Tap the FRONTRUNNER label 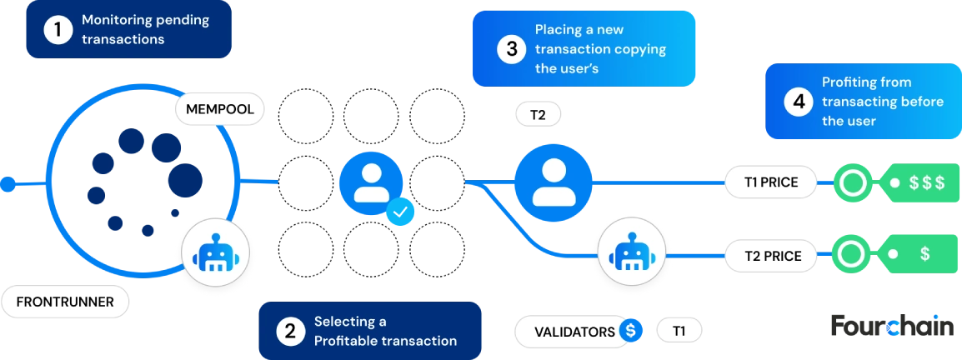[65, 302]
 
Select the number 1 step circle [58, 29]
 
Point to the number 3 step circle [512, 49]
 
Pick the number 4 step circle [799, 102]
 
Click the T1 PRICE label [770, 182]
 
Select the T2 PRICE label [770, 255]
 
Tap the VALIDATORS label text [574, 332]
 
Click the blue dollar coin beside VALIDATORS [630, 331]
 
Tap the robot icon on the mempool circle [215, 253]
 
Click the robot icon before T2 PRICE [631, 252]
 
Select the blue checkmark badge [400, 212]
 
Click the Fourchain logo [893, 326]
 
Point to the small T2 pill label [538, 115]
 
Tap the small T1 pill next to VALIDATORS [679, 331]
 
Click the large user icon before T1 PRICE [553, 182]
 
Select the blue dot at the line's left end [8, 183]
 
